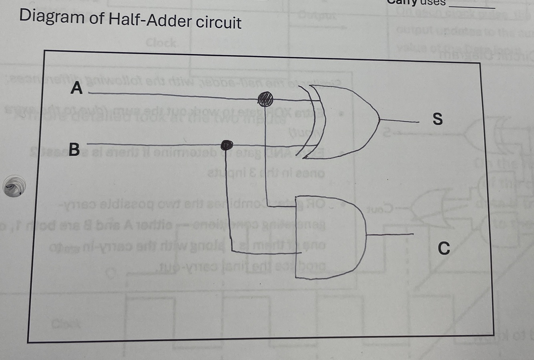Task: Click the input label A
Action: pyautogui.click(x=76, y=88)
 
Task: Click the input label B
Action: pyautogui.click(x=74, y=150)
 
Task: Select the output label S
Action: pyautogui.click(x=438, y=119)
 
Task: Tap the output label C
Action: pyautogui.click(x=444, y=248)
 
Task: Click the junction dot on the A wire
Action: pyautogui.click(x=265, y=98)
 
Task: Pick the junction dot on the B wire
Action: pyautogui.click(x=227, y=145)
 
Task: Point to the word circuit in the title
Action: pyautogui.click(x=219, y=22)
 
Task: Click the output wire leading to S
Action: pyautogui.click(x=400, y=120)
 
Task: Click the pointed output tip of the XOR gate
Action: pyautogui.click(x=379, y=119)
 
